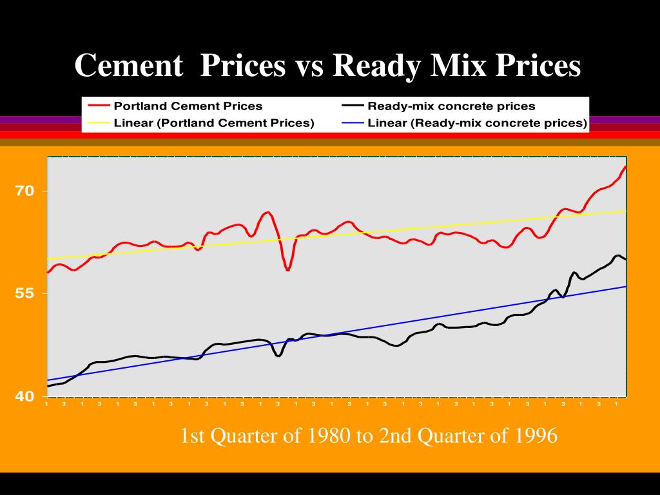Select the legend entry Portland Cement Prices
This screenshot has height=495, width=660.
coord(188,106)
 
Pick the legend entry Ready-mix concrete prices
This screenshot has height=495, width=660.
coord(451,106)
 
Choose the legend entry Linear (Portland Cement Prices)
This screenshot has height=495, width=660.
coord(213,123)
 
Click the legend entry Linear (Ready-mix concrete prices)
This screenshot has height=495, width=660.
coord(477,123)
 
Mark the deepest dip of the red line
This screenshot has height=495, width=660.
coord(287,270)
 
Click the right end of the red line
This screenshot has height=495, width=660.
coord(625,166)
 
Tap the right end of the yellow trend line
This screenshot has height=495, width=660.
coord(626,211)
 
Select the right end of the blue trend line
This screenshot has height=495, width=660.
coord(626,286)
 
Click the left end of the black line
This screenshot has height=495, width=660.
coord(48,386)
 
